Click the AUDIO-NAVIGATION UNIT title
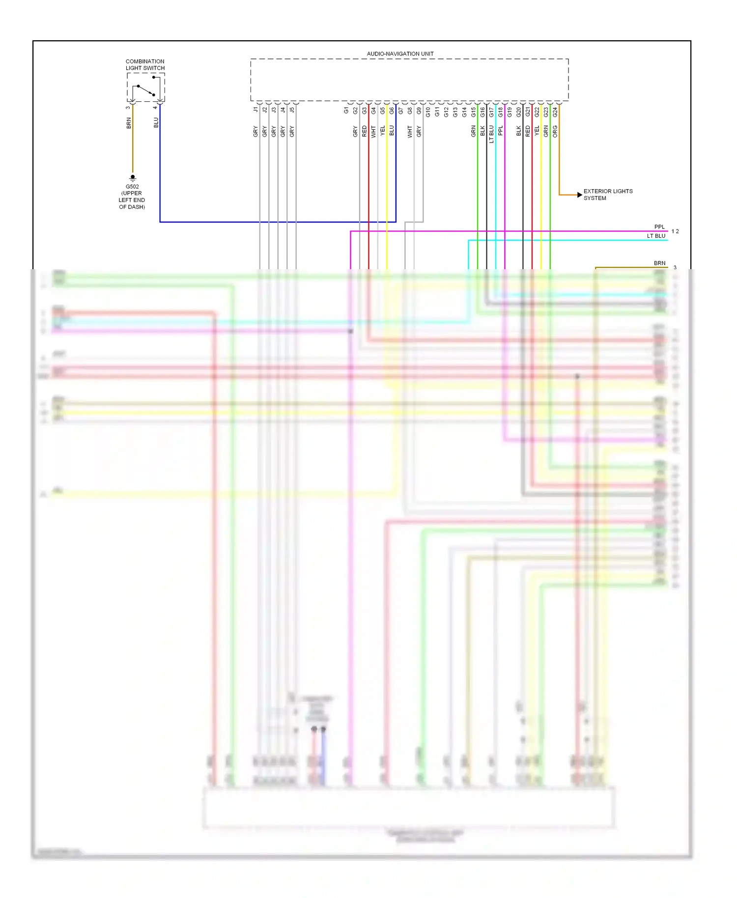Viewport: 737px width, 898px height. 400,54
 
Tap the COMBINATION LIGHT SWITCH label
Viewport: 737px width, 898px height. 145,65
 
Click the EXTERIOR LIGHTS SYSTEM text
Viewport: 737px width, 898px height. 608,195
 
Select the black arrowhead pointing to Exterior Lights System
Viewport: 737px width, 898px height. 580,195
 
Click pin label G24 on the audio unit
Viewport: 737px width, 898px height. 555,112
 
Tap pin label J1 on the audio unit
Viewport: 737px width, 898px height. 255,110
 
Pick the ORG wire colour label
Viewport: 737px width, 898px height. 555,131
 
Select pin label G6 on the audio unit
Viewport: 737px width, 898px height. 392,111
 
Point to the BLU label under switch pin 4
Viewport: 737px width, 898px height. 156,122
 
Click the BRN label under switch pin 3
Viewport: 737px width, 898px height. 129,123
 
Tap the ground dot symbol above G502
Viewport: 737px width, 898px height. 133,177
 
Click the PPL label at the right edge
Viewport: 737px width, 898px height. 659,227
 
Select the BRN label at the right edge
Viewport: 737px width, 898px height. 659,263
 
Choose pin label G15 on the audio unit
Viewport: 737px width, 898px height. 474,112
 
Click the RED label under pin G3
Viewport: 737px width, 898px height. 365,131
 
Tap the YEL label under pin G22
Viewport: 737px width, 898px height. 537,131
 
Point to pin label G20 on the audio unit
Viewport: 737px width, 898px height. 519,112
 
